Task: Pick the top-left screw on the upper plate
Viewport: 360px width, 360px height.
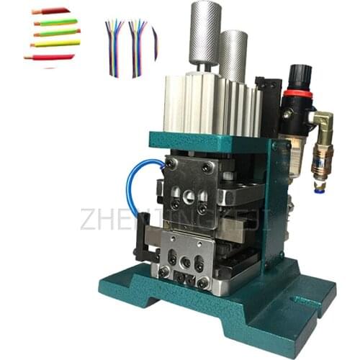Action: point(172,166)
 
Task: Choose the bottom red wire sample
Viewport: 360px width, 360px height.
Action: point(49,56)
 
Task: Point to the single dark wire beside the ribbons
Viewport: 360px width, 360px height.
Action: point(155,43)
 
